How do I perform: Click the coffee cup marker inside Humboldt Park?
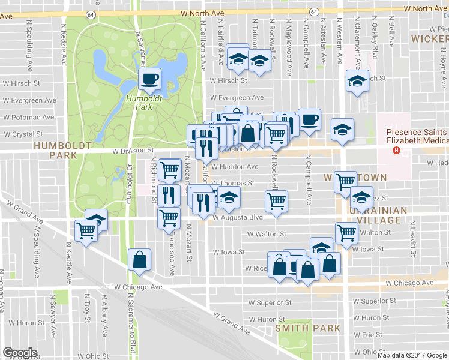(x=150, y=78)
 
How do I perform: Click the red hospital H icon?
(x=396, y=149)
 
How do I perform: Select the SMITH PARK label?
(x=308, y=328)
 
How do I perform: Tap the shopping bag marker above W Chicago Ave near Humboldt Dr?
(x=140, y=260)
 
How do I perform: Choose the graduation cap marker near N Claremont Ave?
(x=357, y=80)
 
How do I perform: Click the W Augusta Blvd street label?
(x=238, y=217)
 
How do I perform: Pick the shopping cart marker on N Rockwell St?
(x=276, y=202)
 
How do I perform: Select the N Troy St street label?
(x=88, y=307)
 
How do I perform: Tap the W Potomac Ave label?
(x=29, y=118)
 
